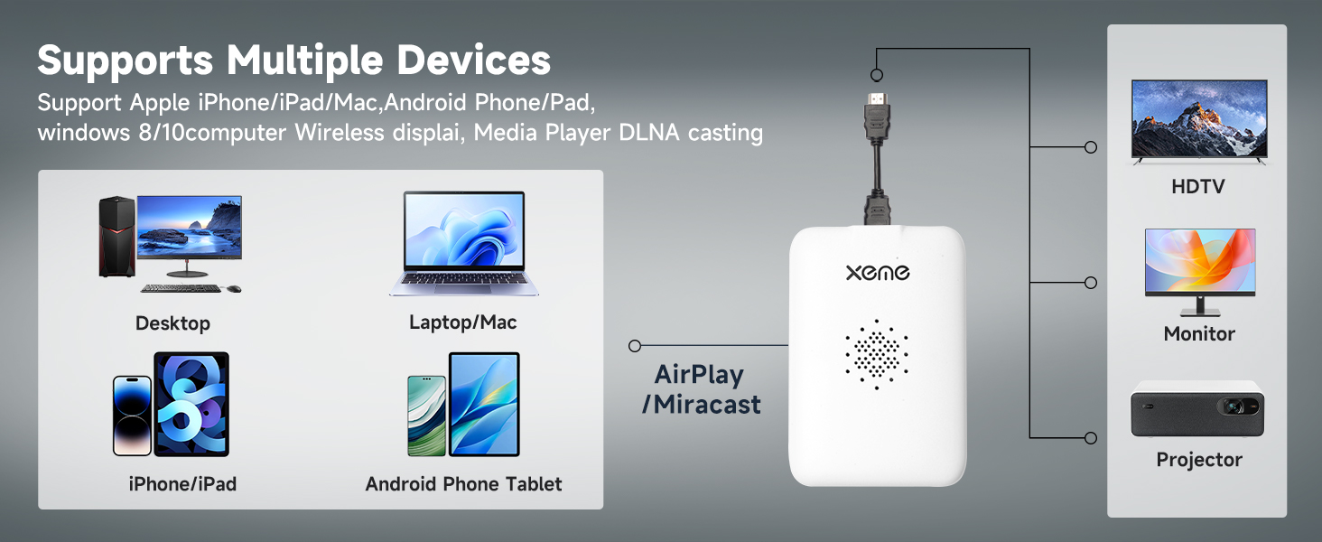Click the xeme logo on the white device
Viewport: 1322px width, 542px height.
pos(878,272)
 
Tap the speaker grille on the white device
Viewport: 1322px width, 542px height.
pos(877,353)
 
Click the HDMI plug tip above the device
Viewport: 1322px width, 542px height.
pos(877,99)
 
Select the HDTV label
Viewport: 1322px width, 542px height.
pos(1198,187)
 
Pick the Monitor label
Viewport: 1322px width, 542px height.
pos(1199,333)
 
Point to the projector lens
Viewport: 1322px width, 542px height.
pos(1236,407)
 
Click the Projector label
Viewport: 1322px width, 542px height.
pos(1199,460)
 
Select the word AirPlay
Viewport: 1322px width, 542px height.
pos(699,374)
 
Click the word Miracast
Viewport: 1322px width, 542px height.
pos(706,405)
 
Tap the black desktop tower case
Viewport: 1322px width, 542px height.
pos(116,238)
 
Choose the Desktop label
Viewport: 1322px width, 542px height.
pos(172,323)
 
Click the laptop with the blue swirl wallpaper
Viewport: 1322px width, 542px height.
pos(464,243)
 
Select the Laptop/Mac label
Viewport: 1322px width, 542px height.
pos(463,322)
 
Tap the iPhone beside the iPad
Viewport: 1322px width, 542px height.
pos(132,416)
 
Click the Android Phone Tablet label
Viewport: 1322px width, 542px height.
pos(463,484)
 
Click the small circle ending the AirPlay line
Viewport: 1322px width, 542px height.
pos(635,346)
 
